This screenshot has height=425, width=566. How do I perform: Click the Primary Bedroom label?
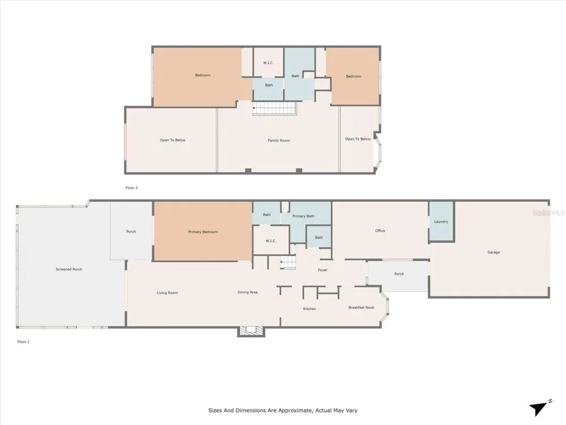pyautogui.click(x=203, y=232)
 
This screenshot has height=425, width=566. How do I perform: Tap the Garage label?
pyautogui.click(x=494, y=252)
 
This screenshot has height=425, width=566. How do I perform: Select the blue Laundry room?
pyautogui.click(x=441, y=221)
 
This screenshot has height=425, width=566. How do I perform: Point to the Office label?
pyautogui.click(x=380, y=231)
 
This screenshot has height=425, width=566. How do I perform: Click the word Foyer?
pyautogui.click(x=323, y=270)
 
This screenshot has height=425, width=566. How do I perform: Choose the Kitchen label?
pyautogui.click(x=310, y=309)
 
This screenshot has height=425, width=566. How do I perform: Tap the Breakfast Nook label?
pyautogui.click(x=361, y=308)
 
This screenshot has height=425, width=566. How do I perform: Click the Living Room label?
pyautogui.click(x=167, y=293)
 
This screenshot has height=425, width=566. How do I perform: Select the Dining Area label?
pyautogui.click(x=248, y=292)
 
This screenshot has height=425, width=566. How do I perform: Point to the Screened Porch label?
pyautogui.click(x=69, y=269)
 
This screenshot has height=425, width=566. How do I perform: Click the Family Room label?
pyautogui.click(x=278, y=140)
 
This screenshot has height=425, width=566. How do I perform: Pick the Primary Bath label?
pyautogui.click(x=303, y=216)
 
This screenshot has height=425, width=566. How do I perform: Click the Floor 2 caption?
pyautogui.click(x=131, y=188)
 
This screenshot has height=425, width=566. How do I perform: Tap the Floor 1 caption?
pyautogui.click(x=23, y=342)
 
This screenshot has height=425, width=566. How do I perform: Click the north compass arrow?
pyautogui.click(x=538, y=409)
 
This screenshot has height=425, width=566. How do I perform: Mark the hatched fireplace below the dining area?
pyautogui.click(x=251, y=331)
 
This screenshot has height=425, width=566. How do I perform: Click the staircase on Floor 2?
pyautogui.click(x=275, y=108)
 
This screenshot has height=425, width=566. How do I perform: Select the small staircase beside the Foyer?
pyautogui.click(x=288, y=262)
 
